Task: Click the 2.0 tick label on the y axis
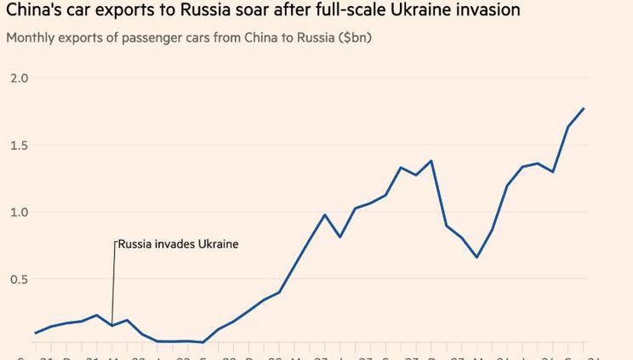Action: click(x=19, y=78)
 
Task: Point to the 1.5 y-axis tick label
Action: click(x=19, y=146)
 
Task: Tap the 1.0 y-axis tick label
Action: click(x=19, y=212)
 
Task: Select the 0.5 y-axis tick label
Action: click(x=19, y=279)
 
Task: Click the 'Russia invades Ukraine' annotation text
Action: click(x=178, y=244)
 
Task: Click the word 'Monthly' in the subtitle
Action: click(x=31, y=38)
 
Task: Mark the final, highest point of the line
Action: click(x=584, y=108)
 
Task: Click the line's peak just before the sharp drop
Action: click(x=431, y=161)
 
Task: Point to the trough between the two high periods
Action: click(x=476, y=257)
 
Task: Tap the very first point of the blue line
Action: click(x=36, y=333)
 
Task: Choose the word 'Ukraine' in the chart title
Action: click(x=425, y=11)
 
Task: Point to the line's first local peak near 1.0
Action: click(x=325, y=214)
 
